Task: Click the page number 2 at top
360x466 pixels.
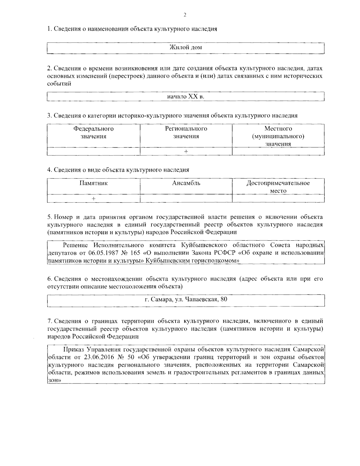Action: click(x=185, y=15)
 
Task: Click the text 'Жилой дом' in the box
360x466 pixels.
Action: click(x=186, y=47)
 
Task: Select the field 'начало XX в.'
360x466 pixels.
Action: click(x=186, y=97)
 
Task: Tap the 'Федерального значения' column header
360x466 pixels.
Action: click(x=94, y=133)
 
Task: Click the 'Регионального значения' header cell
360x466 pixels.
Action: click(x=186, y=133)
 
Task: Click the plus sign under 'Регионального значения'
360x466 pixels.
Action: click(x=186, y=152)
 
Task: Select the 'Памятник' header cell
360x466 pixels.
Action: click(x=94, y=183)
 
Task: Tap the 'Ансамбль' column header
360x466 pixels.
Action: click(x=186, y=183)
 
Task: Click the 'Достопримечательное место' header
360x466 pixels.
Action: click(x=278, y=187)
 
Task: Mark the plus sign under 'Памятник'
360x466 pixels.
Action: click(x=94, y=199)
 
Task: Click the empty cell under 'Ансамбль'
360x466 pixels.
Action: click(x=186, y=199)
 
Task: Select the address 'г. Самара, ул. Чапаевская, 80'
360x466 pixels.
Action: click(x=186, y=299)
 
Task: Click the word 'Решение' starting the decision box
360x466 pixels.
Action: click(x=76, y=245)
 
